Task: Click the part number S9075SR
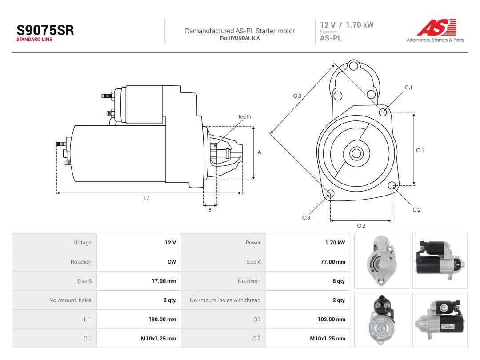pyautogui.click(x=45, y=30)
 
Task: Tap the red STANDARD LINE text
pyautogui.click(x=34, y=40)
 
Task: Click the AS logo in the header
pyautogui.click(x=437, y=27)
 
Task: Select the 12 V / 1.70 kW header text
pyautogui.click(x=347, y=25)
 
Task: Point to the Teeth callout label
pyautogui.click(x=244, y=116)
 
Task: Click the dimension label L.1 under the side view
pyautogui.click(x=147, y=198)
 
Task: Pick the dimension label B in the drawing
pyautogui.click(x=210, y=210)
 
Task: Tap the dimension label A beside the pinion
pyautogui.click(x=259, y=152)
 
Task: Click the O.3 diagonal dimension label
pyautogui.click(x=297, y=96)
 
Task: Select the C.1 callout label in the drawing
pyautogui.click(x=408, y=88)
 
